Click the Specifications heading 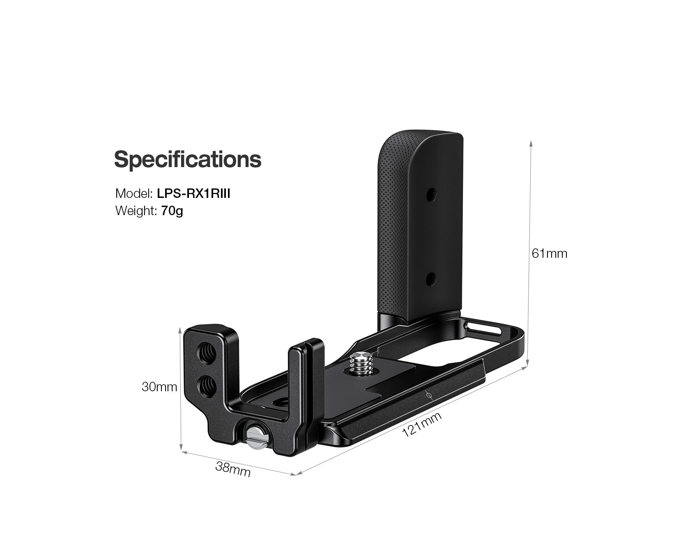pos(187,159)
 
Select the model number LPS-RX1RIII pos(193,193)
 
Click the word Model pos(133,193)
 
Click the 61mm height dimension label pos(549,254)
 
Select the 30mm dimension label pos(159,387)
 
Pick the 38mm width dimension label pos(233,469)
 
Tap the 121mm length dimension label pos(422,425)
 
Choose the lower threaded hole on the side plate pos(205,385)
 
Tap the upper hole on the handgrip pos(430,193)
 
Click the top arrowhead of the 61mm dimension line pos(531,142)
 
